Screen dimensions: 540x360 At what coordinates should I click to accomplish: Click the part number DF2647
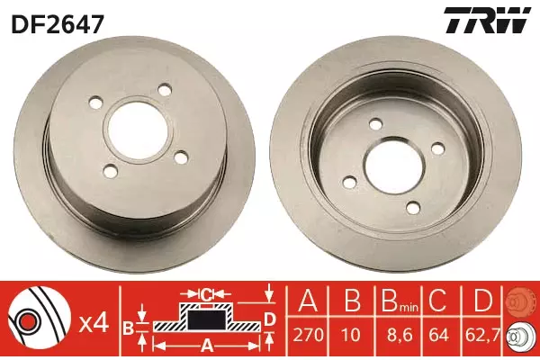pyautogui.click(x=58, y=24)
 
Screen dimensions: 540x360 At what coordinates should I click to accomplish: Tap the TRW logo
pyautogui.click(x=487, y=21)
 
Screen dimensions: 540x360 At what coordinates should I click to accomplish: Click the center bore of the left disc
pyautogui.click(x=138, y=130)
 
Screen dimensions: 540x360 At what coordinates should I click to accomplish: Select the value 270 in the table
pyautogui.click(x=308, y=335)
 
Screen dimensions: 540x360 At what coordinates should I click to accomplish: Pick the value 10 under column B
pyautogui.click(x=352, y=335)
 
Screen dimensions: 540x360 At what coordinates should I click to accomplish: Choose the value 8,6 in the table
pyautogui.click(x=399, y=335)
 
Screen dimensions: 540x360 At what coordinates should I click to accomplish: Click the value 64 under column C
pyautogui.click(x=438, y=335)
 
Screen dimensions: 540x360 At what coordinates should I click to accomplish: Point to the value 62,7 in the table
pyautogui.click(x=482, y=335)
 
